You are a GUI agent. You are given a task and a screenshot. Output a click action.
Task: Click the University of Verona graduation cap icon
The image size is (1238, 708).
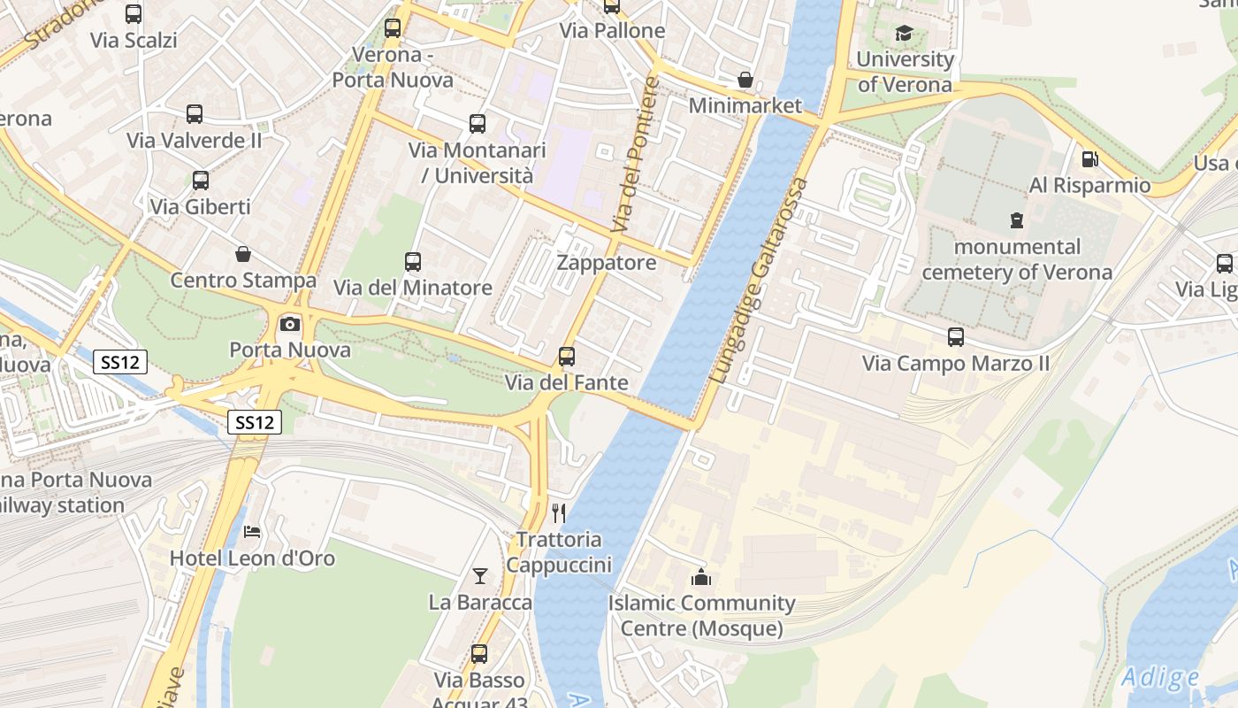click(x=904, y=34)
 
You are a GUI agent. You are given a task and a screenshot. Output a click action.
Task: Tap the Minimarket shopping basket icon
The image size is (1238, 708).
click(x=745, y=80)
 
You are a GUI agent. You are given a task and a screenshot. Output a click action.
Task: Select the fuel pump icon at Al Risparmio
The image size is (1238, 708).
click(x=1089, y=159)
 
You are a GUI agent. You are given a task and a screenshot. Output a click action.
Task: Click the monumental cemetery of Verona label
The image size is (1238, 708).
click(x=1017, y=259)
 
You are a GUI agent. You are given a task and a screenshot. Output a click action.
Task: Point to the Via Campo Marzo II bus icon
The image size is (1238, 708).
click(x=956, y=337)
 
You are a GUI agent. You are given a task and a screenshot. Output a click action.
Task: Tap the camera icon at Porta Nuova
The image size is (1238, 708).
click(x=289, y=324)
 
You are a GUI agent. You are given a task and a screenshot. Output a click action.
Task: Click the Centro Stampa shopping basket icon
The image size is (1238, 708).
click(x=243, y=255)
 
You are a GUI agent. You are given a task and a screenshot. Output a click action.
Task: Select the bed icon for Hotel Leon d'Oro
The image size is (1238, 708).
click(x=252, y=532)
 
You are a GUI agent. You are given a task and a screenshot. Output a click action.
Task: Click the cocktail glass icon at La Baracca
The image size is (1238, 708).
click(x=479, y=576)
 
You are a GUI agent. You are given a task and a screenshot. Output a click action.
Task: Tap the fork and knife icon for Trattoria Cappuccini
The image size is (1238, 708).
click(x=558, y=512)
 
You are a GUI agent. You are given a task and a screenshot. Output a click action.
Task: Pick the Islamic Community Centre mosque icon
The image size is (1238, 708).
click(x=701, y=578)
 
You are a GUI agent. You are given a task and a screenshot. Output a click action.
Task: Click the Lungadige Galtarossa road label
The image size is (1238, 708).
click(x=760, y=281)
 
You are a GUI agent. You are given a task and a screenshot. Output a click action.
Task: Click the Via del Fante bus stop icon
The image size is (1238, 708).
click(x=567, y=357)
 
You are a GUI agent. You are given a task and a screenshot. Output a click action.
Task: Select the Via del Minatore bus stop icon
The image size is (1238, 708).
click(x=413, y=261)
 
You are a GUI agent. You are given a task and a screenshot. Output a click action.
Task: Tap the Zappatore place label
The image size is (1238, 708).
click(x=607, y=263)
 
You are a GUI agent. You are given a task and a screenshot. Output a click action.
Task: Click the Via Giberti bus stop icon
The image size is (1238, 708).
click(x=201, y=181)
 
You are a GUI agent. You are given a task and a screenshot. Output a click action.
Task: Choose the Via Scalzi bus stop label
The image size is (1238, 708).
click(x=134, y=40)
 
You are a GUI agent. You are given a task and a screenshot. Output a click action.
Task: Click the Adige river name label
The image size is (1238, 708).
click(x=1160, y=679)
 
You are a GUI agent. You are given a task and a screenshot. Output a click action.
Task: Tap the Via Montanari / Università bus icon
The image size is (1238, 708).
click(x=478, y=124)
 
